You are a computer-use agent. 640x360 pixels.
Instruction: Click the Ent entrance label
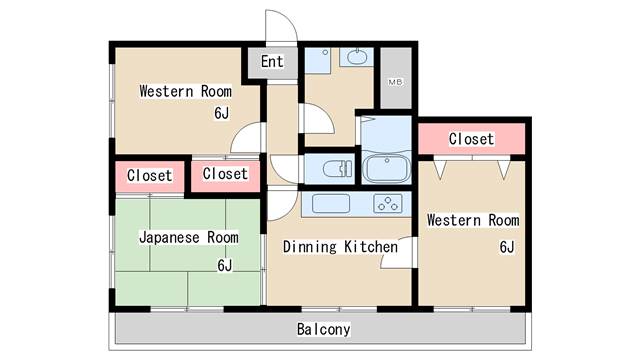click(272, 62)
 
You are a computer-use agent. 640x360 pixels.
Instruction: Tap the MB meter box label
click(395, 82)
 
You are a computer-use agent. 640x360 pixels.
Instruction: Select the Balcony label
click(323, 329)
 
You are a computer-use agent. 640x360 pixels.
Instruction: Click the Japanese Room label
click(189, 237)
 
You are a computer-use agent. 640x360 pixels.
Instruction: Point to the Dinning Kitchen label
click(340, 247)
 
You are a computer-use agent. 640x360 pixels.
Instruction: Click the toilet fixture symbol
click(337, 169)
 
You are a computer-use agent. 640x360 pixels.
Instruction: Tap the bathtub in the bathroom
click(386, 168)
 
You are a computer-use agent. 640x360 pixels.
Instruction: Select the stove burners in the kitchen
click(388, 203)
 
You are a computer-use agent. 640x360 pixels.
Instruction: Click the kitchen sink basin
click(331, 203)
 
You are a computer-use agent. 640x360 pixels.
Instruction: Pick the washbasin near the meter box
click(357, 57)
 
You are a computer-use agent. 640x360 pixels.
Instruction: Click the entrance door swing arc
click(281, 25)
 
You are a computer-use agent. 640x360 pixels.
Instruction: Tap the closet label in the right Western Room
click(471, 139)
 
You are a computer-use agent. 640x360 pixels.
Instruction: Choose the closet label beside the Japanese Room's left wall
click(149, 176)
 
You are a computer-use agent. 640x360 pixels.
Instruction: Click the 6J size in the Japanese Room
click(224, 265)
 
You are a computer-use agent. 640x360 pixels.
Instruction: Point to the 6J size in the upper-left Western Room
click(222, 113)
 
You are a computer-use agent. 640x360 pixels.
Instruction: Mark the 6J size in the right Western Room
click(507, 247)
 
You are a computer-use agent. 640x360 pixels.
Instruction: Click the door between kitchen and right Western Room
click(396, 252)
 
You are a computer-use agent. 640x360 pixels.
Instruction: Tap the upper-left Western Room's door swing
click(246, 138)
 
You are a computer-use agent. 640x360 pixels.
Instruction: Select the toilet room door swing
click(284, 170)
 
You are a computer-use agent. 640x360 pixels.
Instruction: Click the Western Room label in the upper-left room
click(186, 91)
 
